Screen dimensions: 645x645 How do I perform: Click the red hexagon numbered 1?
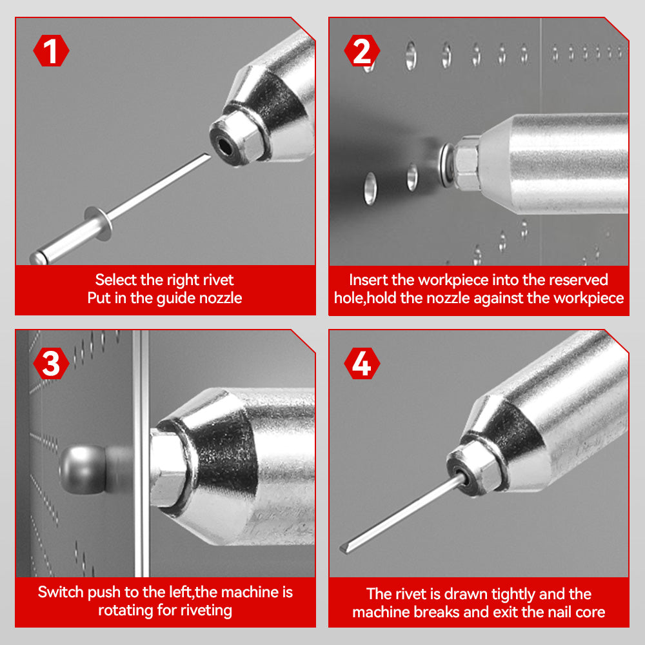(51, 50)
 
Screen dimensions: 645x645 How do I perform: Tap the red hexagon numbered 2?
(362, 50)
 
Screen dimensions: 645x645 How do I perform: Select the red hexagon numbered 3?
(51, 363)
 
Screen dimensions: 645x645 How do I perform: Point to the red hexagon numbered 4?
(362, 363)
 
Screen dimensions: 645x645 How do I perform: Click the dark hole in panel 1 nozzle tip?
(224, 145)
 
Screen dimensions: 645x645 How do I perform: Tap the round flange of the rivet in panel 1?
(98, 223)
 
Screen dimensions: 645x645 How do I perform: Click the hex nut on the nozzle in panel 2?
(466, 163)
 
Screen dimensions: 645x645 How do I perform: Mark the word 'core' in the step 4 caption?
(590, 613)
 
